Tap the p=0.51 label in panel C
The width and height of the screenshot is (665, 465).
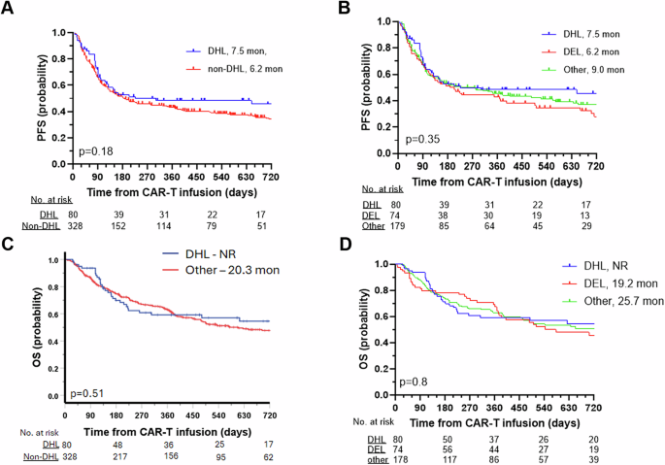(87, 394)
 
